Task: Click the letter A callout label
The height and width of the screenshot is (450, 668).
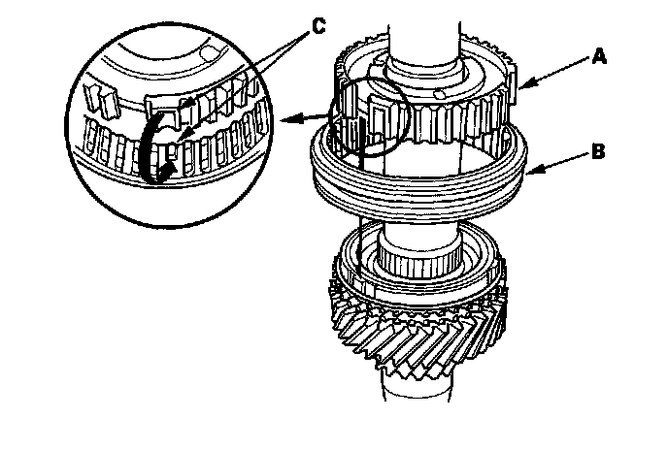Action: [599, 56]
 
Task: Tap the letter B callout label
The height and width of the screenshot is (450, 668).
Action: [598, 151]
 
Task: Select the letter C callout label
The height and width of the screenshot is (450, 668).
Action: [319, 26]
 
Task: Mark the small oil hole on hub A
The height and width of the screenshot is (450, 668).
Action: [439, 94]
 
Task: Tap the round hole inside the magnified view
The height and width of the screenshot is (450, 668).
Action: [209, 54]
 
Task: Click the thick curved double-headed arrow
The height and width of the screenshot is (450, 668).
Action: [153, 149]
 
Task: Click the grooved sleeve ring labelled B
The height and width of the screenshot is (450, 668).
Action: [419, 187]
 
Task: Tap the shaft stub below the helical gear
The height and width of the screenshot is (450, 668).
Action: [416, 390]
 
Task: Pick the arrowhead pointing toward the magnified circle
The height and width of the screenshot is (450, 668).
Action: [289, 119]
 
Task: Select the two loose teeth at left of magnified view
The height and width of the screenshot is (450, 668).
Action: [102, 101]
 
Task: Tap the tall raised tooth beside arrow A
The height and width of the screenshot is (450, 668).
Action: [512, 83]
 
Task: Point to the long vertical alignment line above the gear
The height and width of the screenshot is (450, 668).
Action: [359, 199]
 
